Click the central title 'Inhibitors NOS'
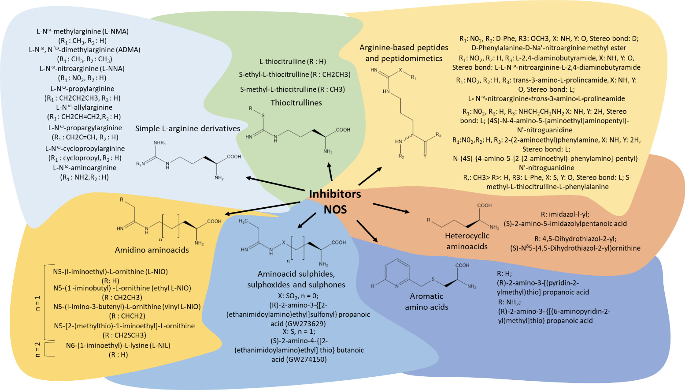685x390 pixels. point(335,201)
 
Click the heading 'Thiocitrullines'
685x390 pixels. point(296,103)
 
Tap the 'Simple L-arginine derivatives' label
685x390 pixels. point(188,129)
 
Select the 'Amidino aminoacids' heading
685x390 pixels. point(152,250)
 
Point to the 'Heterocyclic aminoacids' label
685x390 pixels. point(467,241)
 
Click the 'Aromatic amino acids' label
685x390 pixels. point(426,302)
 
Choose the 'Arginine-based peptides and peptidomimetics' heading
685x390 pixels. point(404,53)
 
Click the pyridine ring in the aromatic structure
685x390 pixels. point(396,274)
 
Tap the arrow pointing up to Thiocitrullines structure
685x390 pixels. point(330,172)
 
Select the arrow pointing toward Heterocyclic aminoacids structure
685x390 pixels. point(391,208)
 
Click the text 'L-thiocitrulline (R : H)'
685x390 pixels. point(293,62)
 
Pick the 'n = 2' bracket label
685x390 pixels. point(37,349)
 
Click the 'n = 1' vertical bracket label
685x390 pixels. point(37,303)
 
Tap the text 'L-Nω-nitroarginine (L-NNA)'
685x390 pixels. point(82,69)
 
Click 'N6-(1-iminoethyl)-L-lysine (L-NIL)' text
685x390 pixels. point(118,345)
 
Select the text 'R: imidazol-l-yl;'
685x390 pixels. point(565,214)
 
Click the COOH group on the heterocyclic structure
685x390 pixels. point(485,206)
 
